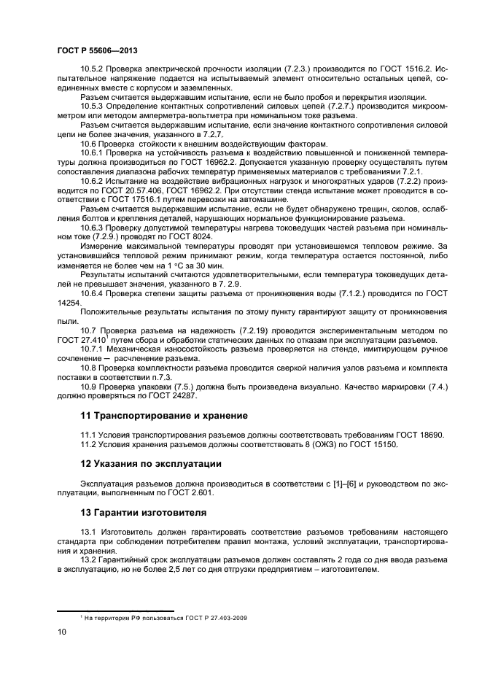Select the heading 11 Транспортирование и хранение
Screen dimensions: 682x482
tap(163, 415)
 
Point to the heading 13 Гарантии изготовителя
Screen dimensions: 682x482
tap(144, 512)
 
